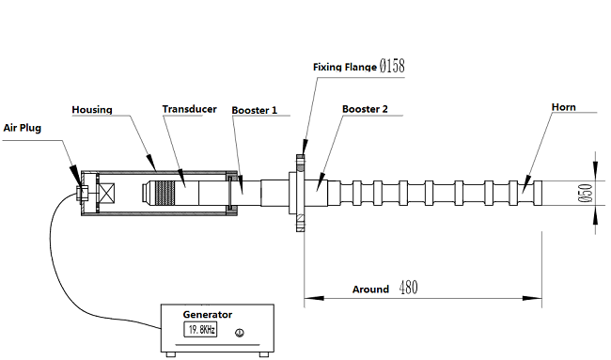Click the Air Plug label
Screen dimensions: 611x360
click(23, 128)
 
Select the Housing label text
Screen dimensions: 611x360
click(92, 110)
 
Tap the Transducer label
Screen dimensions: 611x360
click(189, 109)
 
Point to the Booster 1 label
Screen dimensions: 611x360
click(255, 110)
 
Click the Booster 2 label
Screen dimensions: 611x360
click(365, 109)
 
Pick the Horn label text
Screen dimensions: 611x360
click(563, 107)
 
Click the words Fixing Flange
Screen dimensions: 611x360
click(345, 67)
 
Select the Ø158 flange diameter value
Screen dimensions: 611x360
click(392, 66)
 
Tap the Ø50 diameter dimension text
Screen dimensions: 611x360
click(586, 194)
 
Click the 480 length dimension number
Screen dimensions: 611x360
click(408, 288)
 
